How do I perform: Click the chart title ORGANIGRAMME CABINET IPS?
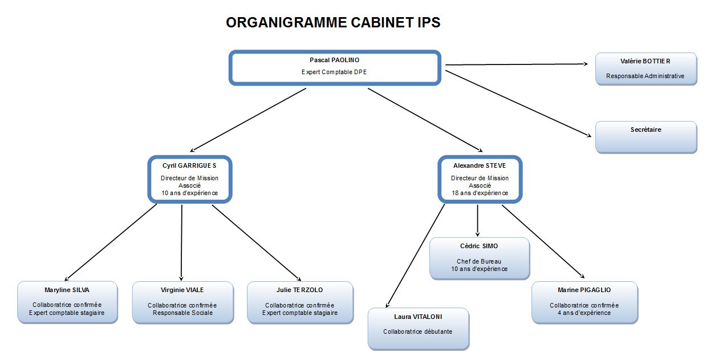[333, 23]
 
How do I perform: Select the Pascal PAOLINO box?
[335, 68]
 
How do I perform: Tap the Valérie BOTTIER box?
[646, 69]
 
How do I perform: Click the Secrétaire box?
[646, 137]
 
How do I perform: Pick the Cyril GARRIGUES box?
[189, 179]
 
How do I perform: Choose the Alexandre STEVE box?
[480, 179]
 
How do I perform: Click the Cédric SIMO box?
[479, 258]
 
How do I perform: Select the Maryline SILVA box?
[67, 302]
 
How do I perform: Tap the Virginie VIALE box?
[182, 302]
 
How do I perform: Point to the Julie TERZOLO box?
[300, 302]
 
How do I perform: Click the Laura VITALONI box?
[418, 329]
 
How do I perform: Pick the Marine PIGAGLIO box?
[584, 302]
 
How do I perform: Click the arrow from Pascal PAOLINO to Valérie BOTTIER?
[516, 64]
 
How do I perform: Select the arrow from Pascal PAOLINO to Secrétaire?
[516, 103]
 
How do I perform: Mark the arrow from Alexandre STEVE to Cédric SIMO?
[477, 220]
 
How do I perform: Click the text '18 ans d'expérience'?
[480, 193]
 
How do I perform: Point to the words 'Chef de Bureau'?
[479, 261]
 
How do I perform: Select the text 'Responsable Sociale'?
[182, 313]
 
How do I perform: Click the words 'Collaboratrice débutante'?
[418, 331]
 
